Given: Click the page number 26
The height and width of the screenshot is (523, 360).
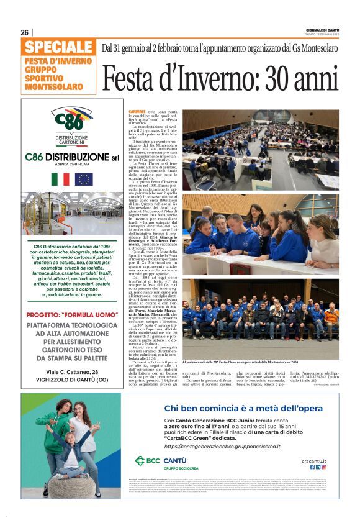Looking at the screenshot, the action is (x=25, y=32).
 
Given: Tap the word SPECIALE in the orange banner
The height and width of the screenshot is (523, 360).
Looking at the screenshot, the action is (x=60, y=47).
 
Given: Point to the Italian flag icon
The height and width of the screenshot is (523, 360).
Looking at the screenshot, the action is (x=60, y=180).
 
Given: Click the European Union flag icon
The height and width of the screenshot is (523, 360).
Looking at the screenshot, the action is (x=83, y=180).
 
